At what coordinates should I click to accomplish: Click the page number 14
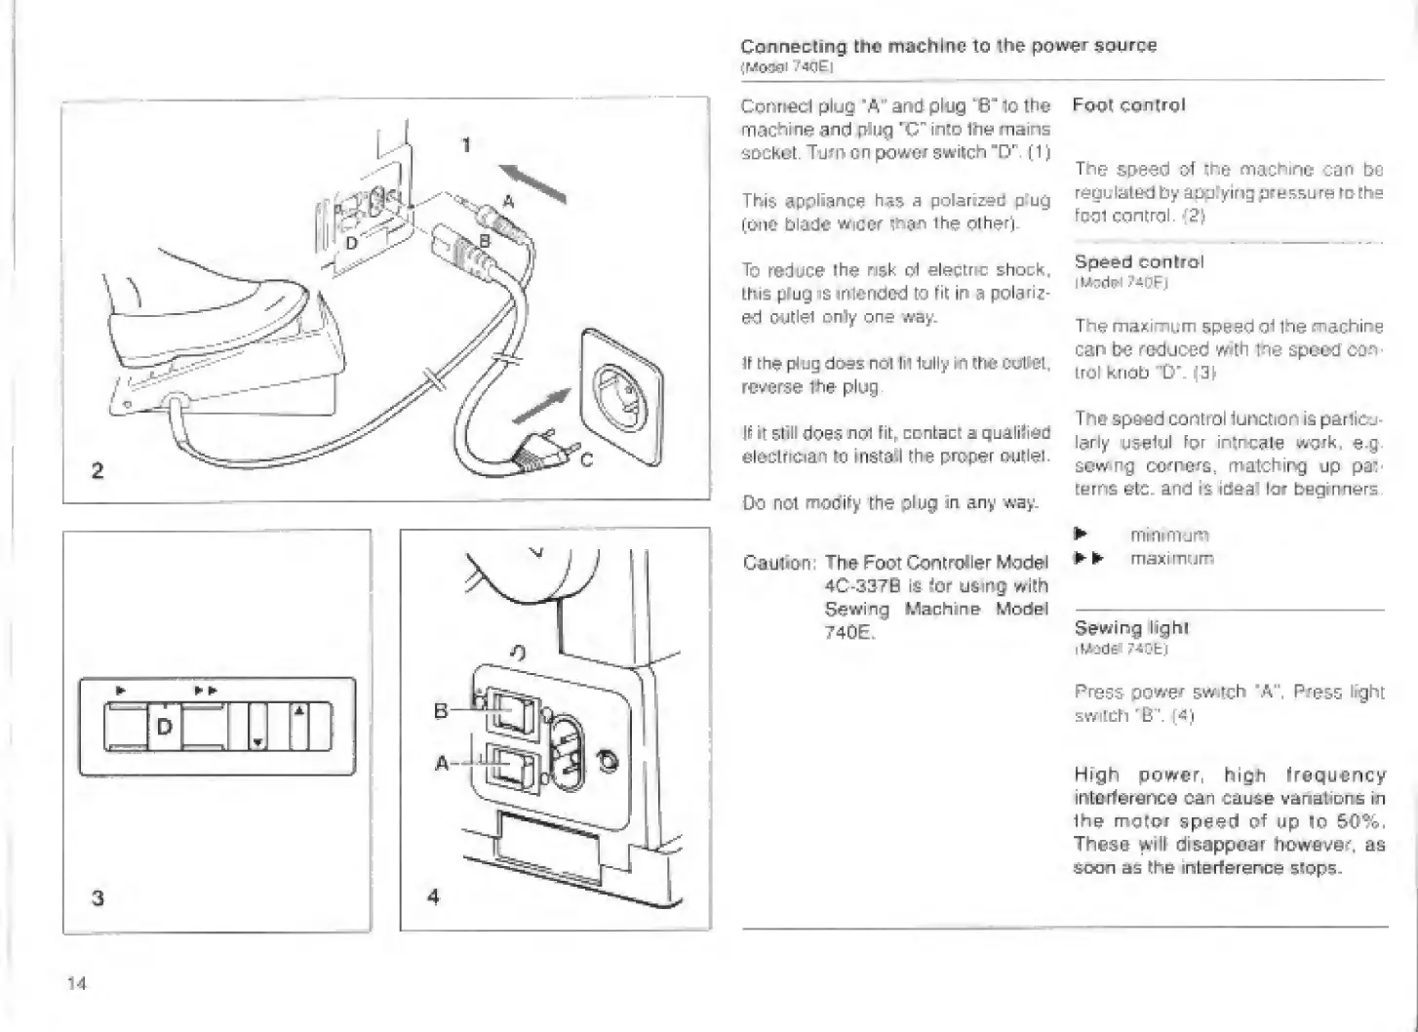click(76, 983)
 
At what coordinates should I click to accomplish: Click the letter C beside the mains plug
click(587, 461)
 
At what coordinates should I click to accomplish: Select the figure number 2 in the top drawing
click(97, 471)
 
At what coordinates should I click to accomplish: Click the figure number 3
click(97, 897)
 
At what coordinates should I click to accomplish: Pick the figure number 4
click(434, 895)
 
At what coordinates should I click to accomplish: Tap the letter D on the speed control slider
click(163, 727)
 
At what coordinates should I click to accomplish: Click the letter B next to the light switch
click(441, 711)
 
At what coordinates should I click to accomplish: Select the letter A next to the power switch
click(441, 764)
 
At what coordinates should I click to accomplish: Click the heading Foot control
click(1128, 105)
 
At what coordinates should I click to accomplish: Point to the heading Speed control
click(1138, 261)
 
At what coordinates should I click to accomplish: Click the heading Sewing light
click(1131, 628)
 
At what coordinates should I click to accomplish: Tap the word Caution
click(777, 563)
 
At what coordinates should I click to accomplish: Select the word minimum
click(1169, 536)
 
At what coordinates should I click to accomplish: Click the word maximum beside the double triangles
click(1171, 559)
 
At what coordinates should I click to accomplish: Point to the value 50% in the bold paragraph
click(1361, 821)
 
